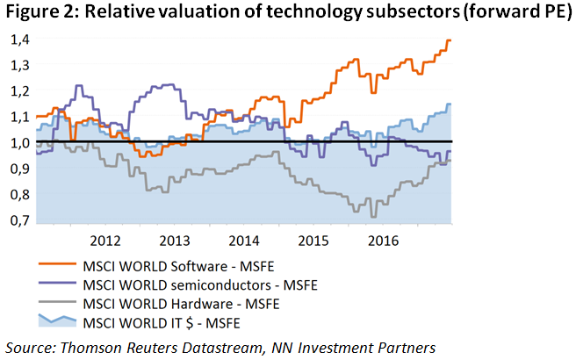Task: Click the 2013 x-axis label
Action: (174, 240)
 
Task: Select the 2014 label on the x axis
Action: (243, 240)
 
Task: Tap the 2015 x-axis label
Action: (313, 240)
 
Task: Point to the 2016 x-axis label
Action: (383, 240)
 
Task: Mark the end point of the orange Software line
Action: (450, 40)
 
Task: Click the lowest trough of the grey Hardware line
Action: (374, 216)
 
